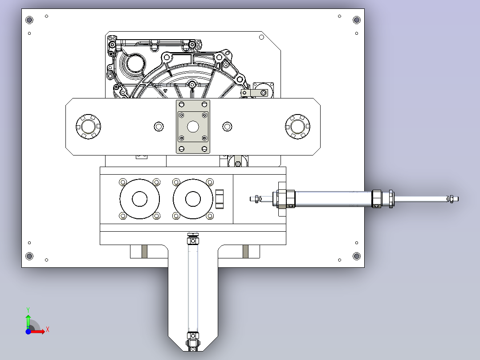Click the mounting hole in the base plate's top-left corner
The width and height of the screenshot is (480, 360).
point(29,20)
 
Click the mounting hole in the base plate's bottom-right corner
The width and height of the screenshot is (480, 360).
point(357,256)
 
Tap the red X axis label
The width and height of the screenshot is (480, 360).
point(48,330)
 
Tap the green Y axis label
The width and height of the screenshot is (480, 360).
point(28,310)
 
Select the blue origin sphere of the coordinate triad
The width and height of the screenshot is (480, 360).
point(28,331)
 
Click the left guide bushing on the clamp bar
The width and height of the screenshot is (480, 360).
point(88,127)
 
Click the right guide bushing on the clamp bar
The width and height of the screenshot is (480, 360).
point(297,127)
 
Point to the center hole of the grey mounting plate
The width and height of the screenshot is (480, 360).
point(193,127)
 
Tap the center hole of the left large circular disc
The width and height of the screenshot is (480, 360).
point(140,199)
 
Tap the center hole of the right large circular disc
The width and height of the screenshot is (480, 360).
point(193,199)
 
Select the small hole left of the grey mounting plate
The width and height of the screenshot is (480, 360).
point(159,127)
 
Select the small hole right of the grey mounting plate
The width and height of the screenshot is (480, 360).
point(227,127)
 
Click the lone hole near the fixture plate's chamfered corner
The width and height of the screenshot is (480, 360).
point(261,37)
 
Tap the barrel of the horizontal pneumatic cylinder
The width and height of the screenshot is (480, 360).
point(334,199)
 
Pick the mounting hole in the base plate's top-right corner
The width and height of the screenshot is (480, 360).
point(357,20)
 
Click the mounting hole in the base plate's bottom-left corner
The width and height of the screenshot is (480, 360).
point(29,256)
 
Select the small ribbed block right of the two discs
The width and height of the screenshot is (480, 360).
point(220,199)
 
